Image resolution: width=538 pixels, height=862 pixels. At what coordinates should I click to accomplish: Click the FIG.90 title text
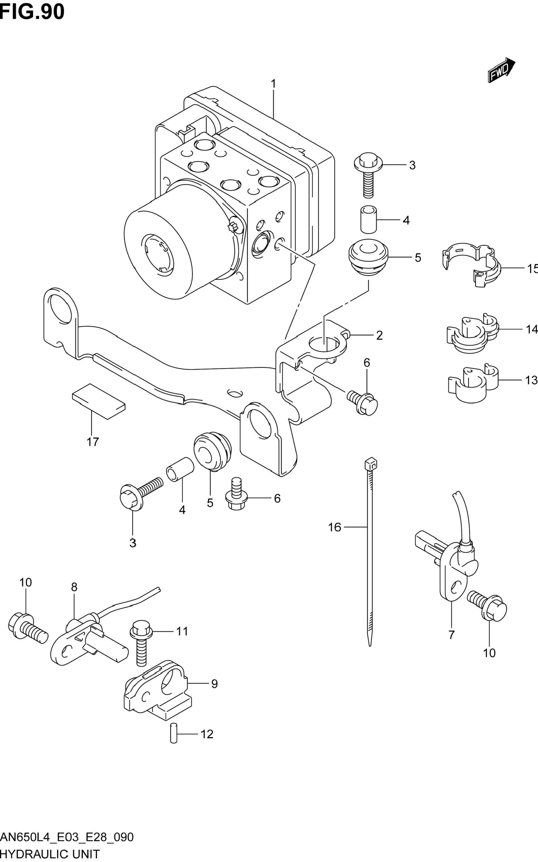[x=32, y=11]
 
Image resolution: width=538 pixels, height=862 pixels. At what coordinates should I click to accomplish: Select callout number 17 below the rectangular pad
[x=92, y=442]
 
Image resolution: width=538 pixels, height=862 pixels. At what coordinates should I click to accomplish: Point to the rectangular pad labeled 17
[x=99, y=401]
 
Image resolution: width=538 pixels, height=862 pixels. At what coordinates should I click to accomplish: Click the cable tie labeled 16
[x=370, y=551]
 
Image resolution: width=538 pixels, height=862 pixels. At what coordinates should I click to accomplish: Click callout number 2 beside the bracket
[x=379, y=335]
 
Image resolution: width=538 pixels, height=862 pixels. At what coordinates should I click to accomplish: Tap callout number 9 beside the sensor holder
[x=214, y=684]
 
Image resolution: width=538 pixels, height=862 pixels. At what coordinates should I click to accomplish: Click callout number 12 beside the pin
[x=207, y=734]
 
